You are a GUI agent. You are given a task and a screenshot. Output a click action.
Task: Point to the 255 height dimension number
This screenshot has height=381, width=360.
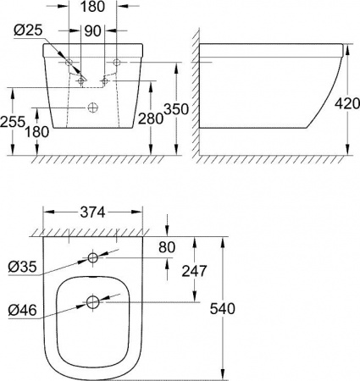click(x=13, y=121)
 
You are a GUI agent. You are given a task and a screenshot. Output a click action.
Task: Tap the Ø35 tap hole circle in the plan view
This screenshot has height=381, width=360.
click(x=91, y=258)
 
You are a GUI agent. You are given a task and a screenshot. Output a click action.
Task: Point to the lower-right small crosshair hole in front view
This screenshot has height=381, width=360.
click(x=103, y=81)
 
